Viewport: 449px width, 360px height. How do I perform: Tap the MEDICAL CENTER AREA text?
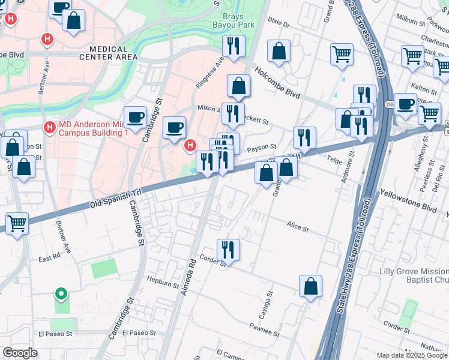108,53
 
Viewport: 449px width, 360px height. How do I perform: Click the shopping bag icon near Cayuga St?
310,287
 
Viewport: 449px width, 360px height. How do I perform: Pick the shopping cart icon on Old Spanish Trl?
17,223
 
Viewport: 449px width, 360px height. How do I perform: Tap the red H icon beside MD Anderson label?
50,127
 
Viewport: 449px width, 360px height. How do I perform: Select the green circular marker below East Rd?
60,294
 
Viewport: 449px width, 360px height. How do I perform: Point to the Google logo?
20,353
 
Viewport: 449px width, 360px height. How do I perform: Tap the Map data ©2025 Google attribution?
411,355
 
